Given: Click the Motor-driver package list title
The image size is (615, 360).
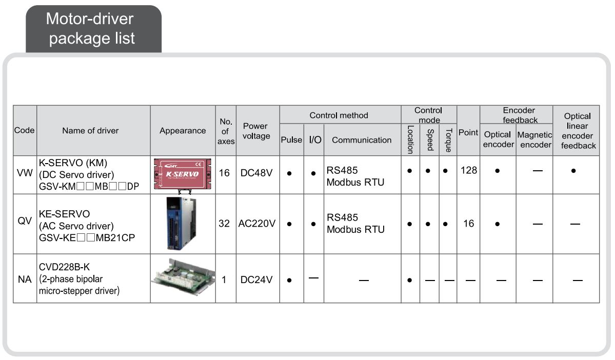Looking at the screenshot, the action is [x=91, y=29].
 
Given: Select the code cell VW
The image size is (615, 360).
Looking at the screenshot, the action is [x=25, y=173].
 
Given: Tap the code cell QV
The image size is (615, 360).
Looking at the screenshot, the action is [x=25, y=221].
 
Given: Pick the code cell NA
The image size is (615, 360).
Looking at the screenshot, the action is [x=25, y=279].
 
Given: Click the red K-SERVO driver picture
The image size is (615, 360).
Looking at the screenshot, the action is [x=183, y=175].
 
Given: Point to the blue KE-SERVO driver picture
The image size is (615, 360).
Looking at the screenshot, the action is [x=181, y=223].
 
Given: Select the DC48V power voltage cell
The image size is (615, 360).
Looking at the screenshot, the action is [x=256, y=173].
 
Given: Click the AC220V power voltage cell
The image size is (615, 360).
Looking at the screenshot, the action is [x=257, y=224].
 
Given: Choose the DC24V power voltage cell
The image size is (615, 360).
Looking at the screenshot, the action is [x=256, y=279].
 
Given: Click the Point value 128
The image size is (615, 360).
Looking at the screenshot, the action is [x=469, y=170].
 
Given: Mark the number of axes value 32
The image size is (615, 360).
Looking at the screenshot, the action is [x=224, y=224].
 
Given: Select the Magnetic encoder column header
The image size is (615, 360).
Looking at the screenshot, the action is [x=534, y=139].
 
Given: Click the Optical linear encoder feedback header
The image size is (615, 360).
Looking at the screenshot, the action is [x=578, y=131].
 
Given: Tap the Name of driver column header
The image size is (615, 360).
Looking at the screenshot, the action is [x=90, y=131].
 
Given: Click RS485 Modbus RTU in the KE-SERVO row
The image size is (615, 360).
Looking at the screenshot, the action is [x=355, y=224].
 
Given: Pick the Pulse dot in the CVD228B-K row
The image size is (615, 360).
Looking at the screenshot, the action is [x=289, y=281].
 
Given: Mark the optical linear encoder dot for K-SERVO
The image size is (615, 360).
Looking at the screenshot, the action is [x=573, y=171].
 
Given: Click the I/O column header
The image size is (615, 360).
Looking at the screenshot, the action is [x=315, y=140].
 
